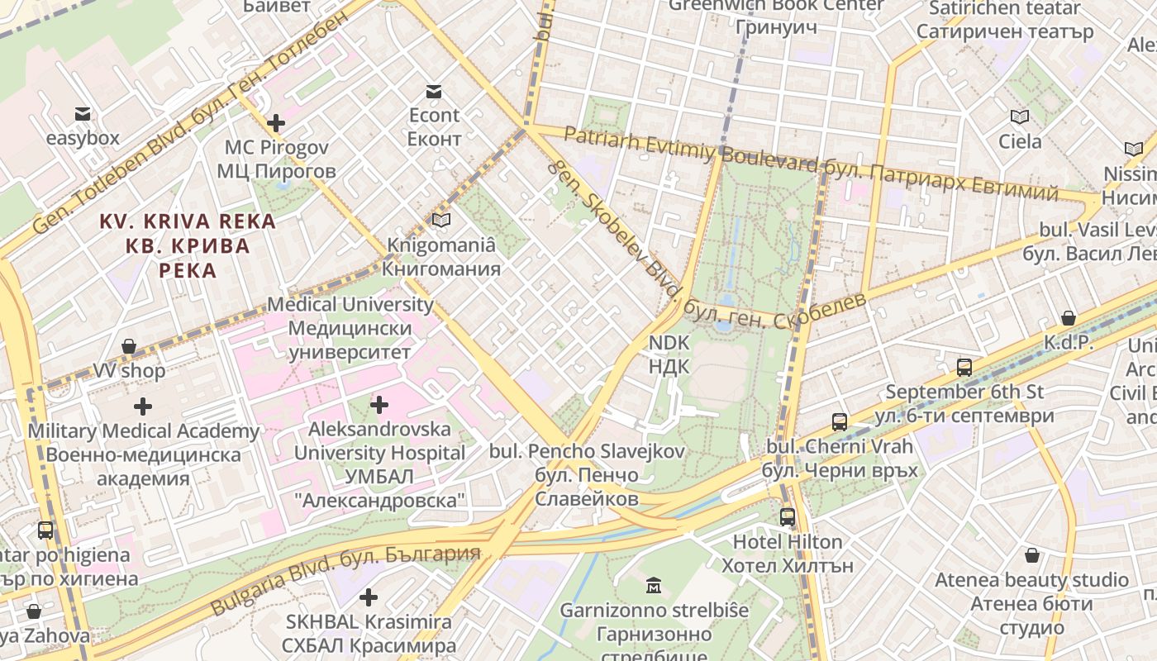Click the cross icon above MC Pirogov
276,124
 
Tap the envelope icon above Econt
434,91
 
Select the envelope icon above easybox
83,114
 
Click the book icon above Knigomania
441,221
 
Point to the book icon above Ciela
1020,117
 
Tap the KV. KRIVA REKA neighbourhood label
188,245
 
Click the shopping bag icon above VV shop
129,346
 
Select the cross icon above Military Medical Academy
143,407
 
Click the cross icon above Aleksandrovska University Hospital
379,405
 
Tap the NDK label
669,354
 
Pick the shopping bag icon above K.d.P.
1069,318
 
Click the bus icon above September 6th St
964,368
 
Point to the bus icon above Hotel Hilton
788,517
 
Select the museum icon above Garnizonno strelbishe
654,586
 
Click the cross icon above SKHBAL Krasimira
369,597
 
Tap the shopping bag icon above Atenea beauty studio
1031,555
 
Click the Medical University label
350,328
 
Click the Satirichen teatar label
1005,20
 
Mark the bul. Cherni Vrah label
840,459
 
